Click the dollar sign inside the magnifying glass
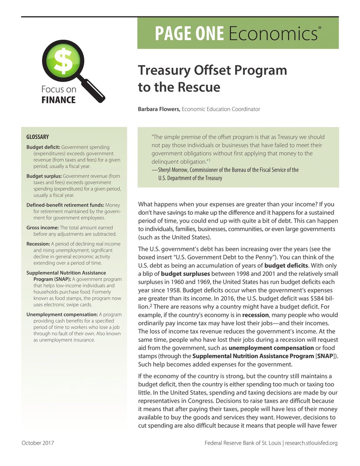click(60, 63)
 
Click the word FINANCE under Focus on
click(56, 100)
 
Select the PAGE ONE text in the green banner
click(189, 34)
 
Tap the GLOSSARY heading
click(38, 137)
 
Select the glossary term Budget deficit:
click(43, 147)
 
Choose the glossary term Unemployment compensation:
click(62, 314)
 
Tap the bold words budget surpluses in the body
click(185, 274)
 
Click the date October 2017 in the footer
click(38, 443)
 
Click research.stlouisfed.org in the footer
click(311, 443)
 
